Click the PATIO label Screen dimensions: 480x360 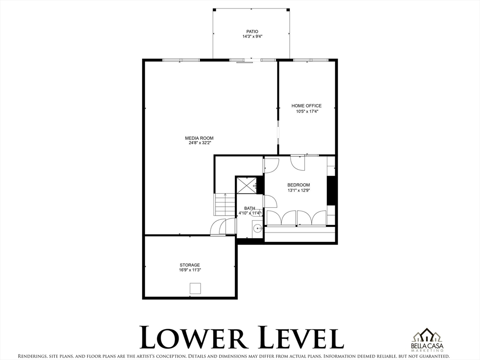click(252, 31)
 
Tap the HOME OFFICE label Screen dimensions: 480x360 click(307, 106)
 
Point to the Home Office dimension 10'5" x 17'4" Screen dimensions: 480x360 click(307, 112)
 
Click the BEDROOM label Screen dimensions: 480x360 click(299, 185)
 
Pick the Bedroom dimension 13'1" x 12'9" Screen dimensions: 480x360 click(299, 190)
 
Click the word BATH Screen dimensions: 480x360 click(249, 209)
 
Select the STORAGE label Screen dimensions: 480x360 click(190, 265)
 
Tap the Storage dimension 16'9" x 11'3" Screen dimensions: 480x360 click(190, 270)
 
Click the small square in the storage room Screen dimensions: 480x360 click(195, 288)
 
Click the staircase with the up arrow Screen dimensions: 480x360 click(225, 204)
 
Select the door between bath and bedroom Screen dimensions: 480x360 click(270, 202)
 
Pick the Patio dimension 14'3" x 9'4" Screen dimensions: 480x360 click(252, 37)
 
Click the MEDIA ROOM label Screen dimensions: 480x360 click(199, 138)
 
